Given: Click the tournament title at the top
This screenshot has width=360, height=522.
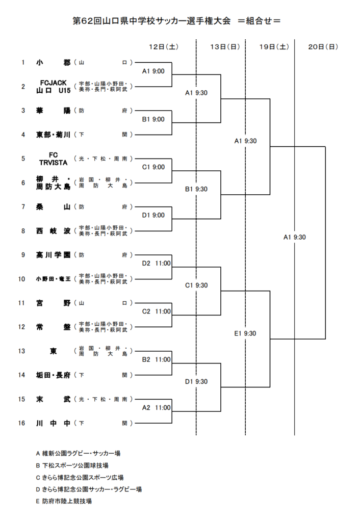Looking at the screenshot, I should point(176,21).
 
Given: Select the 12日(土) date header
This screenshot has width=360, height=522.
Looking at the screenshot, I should point(163,46).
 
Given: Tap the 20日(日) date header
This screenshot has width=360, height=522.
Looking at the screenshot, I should point(323,46).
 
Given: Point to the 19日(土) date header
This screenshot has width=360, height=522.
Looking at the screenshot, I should point(274,46).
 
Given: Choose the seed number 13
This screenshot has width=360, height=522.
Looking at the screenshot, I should point(22,351).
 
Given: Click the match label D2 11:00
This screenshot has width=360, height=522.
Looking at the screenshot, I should point(156,264).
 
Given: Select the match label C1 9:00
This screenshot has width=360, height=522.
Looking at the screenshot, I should point(153,167).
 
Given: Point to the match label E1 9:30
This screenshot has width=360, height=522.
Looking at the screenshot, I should point(245,333).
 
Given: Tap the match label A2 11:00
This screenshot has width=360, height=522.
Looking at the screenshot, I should point(156,408).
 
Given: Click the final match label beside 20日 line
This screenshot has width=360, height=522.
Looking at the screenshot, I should point(294,237).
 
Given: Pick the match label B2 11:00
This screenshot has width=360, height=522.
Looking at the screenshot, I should point(156,359).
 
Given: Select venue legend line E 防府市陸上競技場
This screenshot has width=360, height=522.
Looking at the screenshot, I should point(64,501).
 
